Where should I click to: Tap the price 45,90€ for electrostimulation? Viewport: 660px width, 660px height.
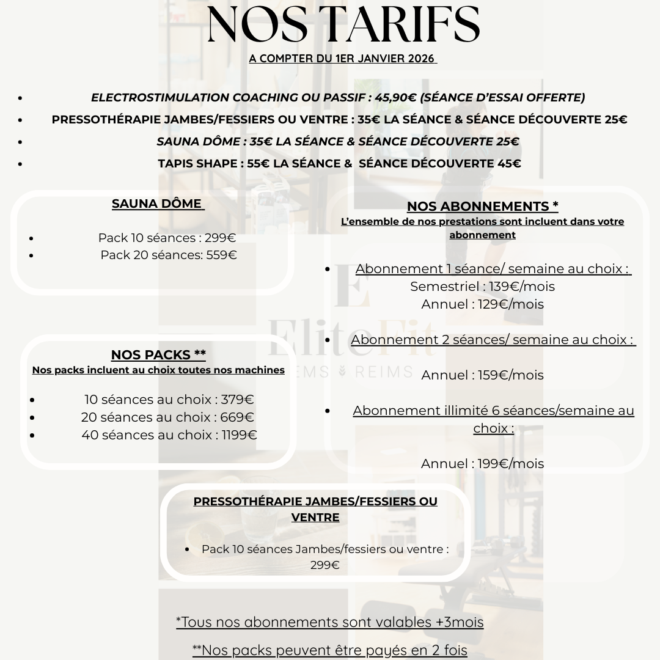point(395,97)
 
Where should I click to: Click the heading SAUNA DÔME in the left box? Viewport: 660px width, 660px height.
point(157,204)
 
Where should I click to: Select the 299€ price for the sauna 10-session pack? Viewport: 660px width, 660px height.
point(220,238)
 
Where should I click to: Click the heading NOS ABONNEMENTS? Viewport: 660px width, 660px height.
point(482,207)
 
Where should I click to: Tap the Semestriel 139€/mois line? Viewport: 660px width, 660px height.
point(482,286)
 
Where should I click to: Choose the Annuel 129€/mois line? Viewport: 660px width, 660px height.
point(482,304)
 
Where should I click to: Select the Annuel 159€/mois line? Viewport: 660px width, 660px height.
point(482,375)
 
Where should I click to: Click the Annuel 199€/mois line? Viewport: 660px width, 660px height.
point(482,463)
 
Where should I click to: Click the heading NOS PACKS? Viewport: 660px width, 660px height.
point(158,355)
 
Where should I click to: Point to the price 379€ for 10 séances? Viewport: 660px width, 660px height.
point(237,400)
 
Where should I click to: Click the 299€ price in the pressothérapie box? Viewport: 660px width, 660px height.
point(324,565)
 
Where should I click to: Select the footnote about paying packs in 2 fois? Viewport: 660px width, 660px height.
point(330,650)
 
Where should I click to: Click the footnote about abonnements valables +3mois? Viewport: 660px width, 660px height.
point(330,622)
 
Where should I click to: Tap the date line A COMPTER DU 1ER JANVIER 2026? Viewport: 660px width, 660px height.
point(342,59)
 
